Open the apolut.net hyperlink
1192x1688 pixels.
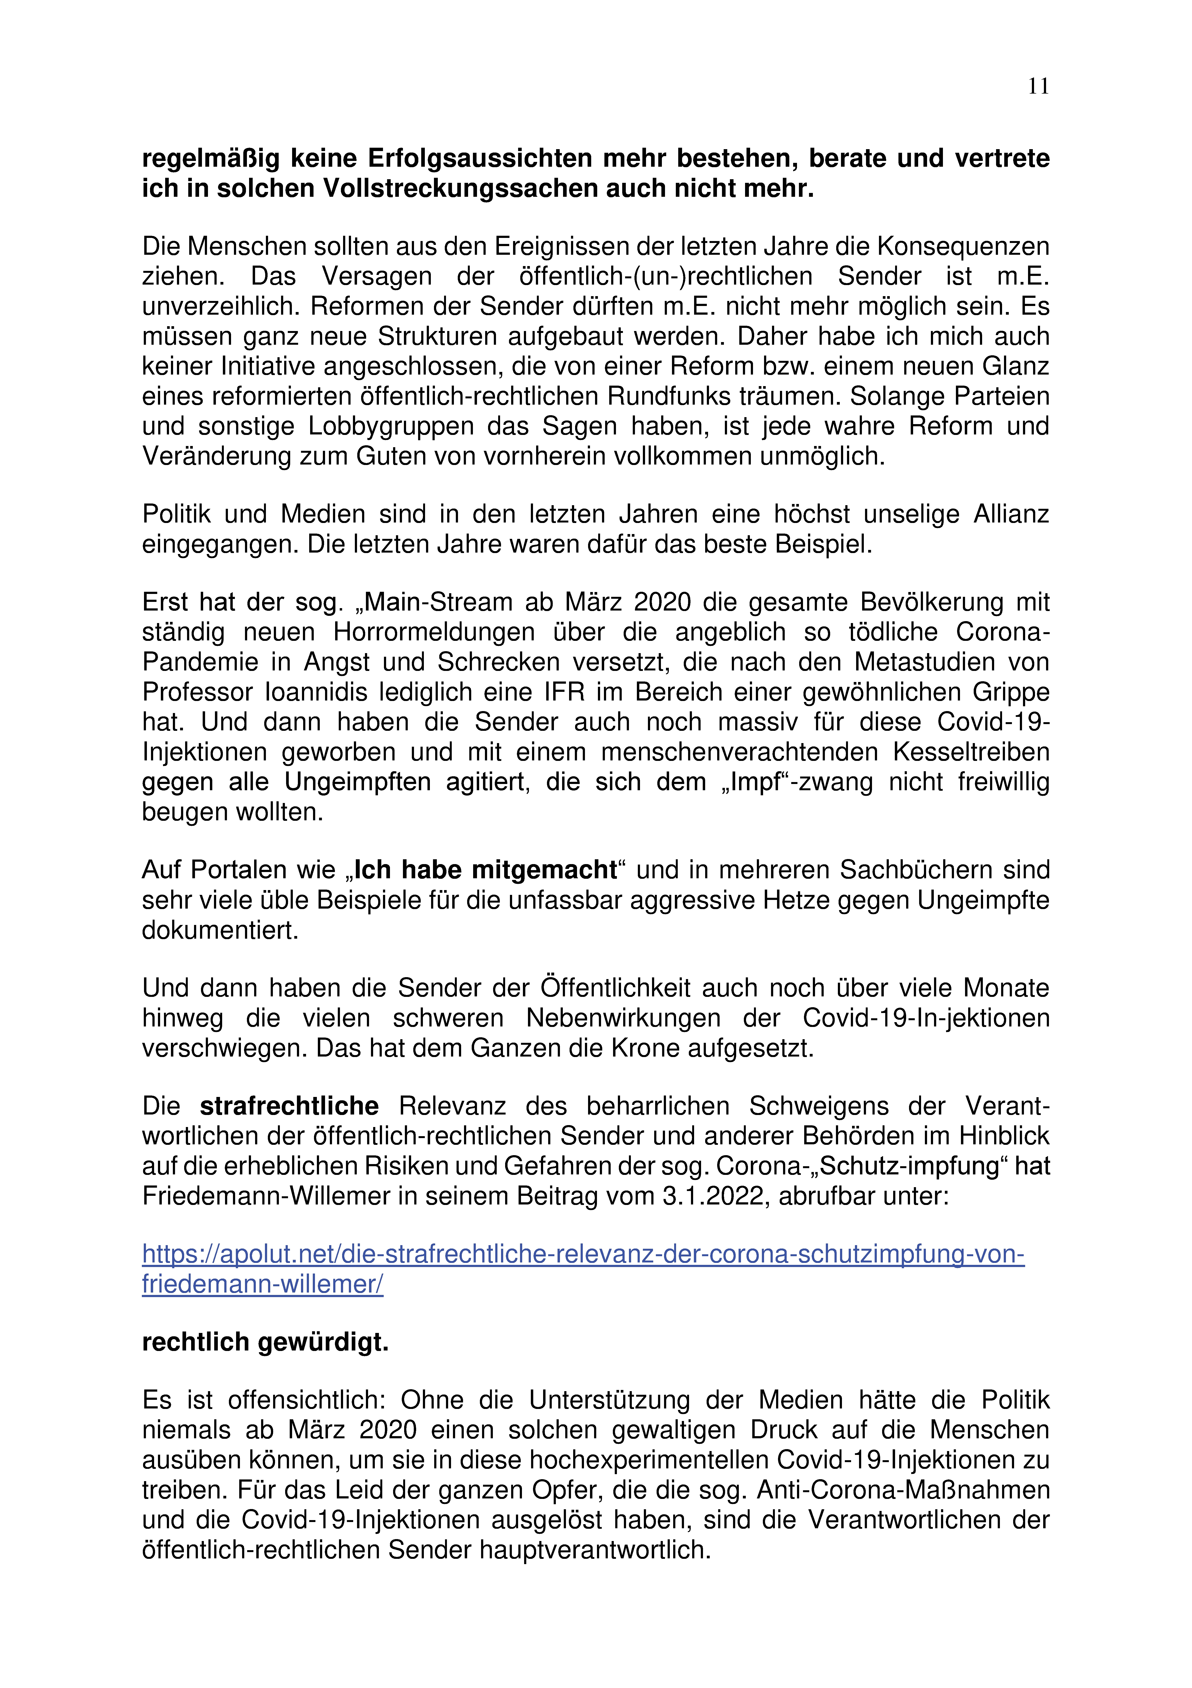[x=583, y=1254]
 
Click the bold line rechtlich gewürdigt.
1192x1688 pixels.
[x=265, y=1343]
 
